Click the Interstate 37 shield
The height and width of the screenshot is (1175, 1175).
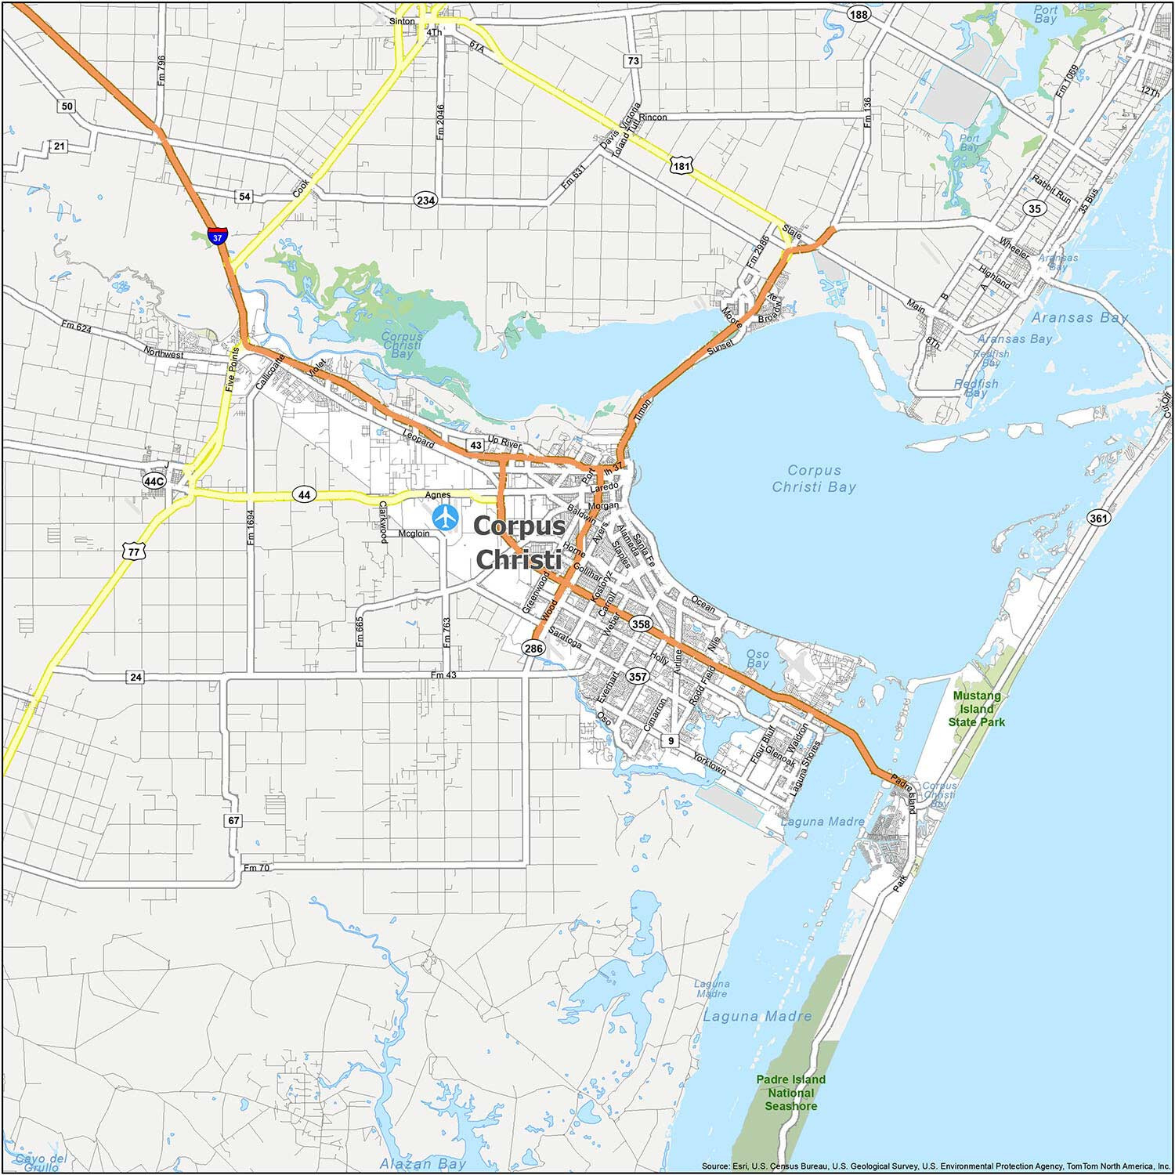coord(218,235)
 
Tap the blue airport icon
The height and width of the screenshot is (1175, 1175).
coord(445,517)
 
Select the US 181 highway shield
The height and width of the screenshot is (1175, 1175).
coord(681,165)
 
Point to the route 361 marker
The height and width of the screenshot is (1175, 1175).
coord(1098,518)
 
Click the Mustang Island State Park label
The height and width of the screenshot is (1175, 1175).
coord(976,708)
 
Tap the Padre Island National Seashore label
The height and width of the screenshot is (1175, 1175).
coord(790,1093)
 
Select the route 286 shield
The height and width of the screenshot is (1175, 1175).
coord(533,648)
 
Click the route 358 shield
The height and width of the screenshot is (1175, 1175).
coord(641,624)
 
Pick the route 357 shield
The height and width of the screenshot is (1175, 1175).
coord(638,676)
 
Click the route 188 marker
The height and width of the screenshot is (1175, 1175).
coord(859,15)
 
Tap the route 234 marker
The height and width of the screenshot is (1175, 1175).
coord(425,201)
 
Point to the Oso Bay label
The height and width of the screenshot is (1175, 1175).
coord(757,658)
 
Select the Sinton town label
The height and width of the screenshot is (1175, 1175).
coord(402,21)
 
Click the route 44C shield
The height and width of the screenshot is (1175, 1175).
coord(154,480)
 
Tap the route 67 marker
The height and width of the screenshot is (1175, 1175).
coord(233,820)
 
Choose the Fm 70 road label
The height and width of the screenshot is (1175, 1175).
coord(256,868)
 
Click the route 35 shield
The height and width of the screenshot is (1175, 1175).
coord(1035,208)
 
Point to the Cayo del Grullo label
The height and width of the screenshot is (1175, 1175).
coord(40,1162)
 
